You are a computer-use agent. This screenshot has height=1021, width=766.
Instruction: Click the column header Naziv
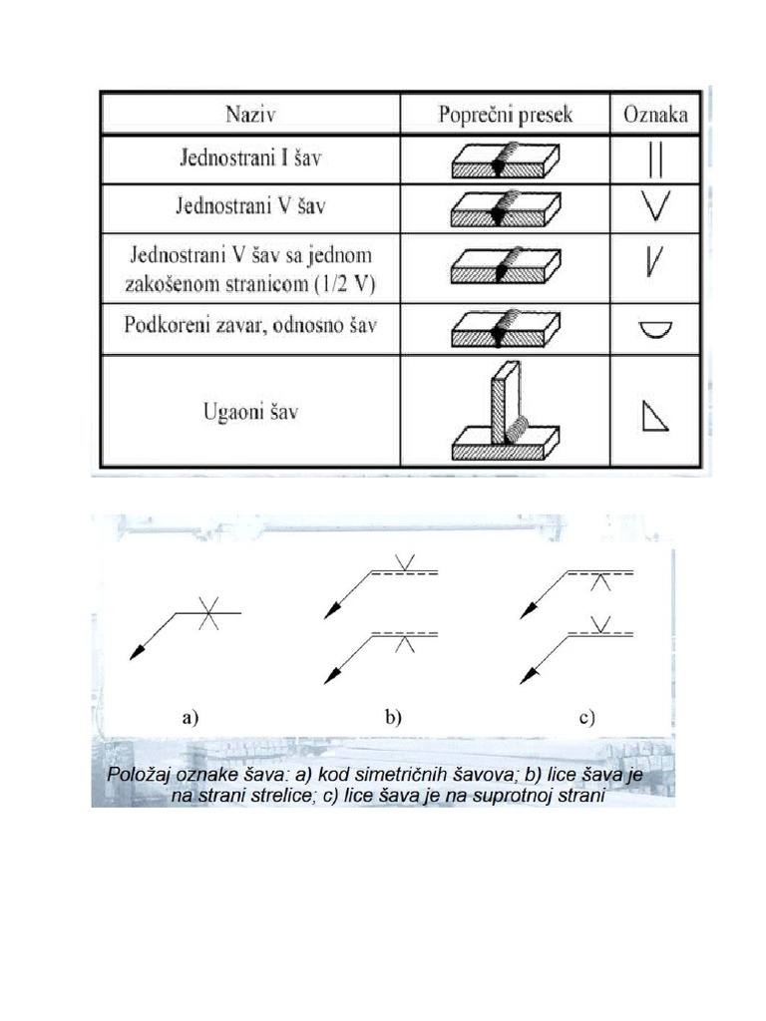point(250,114)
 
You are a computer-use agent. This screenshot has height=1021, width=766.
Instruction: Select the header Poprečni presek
point(506,114)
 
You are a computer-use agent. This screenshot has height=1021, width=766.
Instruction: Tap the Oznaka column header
point(654,114)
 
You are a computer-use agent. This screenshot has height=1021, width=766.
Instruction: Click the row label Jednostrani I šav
point(250,159)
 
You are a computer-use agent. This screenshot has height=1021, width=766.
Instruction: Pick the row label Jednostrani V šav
point(250,206)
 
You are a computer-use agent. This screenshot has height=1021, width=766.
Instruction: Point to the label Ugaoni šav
point(251,411)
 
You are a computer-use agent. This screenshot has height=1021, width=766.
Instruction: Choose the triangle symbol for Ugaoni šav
point(653,415)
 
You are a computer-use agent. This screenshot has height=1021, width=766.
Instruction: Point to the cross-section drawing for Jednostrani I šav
point(506,160)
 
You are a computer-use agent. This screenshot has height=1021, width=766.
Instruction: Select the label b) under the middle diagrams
point(393,715)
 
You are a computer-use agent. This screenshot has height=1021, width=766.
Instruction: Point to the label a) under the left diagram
point(191,715)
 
